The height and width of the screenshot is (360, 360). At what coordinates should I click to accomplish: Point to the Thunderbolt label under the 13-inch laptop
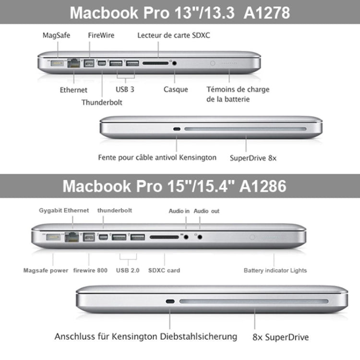[102, 102]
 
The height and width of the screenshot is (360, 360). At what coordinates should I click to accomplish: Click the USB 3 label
[124, 89]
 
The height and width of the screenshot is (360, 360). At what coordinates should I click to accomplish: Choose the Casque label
[176, 89]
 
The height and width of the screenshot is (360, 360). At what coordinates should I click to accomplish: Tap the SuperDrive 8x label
[252, 157]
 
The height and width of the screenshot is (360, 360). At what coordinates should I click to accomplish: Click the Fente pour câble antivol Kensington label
[157, 157]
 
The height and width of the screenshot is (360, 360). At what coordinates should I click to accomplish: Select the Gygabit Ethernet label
[64, 211]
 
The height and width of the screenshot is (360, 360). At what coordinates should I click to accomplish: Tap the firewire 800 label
[90, 270]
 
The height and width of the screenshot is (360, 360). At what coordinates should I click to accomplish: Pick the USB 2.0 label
[128, 270]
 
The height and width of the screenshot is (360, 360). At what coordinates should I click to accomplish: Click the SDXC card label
[165, 270]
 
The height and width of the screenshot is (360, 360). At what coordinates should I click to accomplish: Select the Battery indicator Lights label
[275, 270]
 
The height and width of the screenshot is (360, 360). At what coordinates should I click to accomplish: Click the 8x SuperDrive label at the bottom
[280, 337]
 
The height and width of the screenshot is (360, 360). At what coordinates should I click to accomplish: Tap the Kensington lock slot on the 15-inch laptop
[169, 302]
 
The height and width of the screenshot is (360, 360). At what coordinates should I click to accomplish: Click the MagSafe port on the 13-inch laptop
[57, 63]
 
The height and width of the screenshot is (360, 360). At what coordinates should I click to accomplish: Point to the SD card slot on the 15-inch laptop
[164, 236]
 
